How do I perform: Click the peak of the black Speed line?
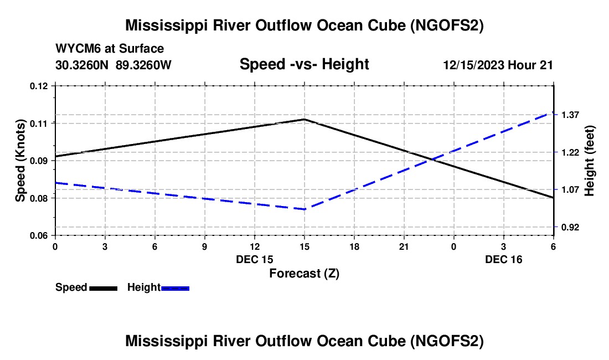coord(304,119)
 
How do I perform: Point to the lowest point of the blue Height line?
coord(304,209)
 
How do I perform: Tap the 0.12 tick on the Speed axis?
coord(39,86)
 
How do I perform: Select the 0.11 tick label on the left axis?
coord(39,124)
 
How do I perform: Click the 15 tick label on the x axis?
coord(304,246)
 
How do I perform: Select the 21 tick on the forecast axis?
coord(404,246)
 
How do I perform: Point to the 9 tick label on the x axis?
coord(205,246)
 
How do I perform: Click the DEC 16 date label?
coord(504,259)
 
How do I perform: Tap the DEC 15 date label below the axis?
coord(255,259)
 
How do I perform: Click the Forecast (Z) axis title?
coord(304,274)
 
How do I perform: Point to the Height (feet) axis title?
coord(589,161)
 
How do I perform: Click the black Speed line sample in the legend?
coord(104,289)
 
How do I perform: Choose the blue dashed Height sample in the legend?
coord(175,289)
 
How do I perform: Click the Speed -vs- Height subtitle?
coord(304,64)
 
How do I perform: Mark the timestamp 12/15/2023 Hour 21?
coord(498,65)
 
